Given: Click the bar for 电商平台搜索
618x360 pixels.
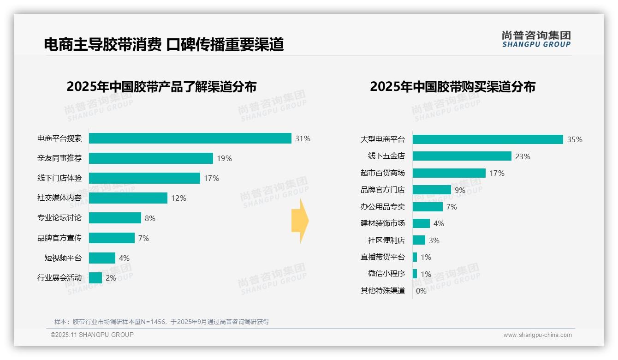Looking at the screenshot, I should (190, 138).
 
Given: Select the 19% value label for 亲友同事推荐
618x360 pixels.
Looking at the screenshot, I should (224, 158).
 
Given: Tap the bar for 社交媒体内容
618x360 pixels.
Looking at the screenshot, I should (128, 198).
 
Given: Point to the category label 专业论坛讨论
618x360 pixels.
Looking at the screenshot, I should (59, 218).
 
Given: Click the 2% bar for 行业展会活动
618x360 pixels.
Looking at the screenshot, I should (95, 278).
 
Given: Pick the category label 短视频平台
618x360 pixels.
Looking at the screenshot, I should (63, 258).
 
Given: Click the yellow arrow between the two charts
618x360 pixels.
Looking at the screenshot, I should (300, 221).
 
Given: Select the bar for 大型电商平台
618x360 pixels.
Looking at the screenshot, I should (487, 139).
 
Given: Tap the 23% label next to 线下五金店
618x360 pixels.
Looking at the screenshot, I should (523, 156).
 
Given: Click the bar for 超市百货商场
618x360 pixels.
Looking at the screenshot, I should (449, 173).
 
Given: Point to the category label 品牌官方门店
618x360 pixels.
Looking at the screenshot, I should (382, 190).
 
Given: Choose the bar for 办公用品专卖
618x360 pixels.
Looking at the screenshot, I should (427, 207).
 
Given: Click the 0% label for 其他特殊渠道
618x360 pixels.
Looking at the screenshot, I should (421, 291).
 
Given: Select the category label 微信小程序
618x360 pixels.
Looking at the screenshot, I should (386, 274).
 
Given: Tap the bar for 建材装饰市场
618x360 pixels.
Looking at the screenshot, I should (421, 223).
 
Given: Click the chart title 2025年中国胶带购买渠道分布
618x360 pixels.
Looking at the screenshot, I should (452, 87).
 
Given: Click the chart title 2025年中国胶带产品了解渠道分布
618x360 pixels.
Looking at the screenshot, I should (161, 87).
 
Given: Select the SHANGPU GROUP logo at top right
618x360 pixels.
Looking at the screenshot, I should (536, 39).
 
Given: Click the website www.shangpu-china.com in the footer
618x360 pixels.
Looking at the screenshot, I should (537, 335).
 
